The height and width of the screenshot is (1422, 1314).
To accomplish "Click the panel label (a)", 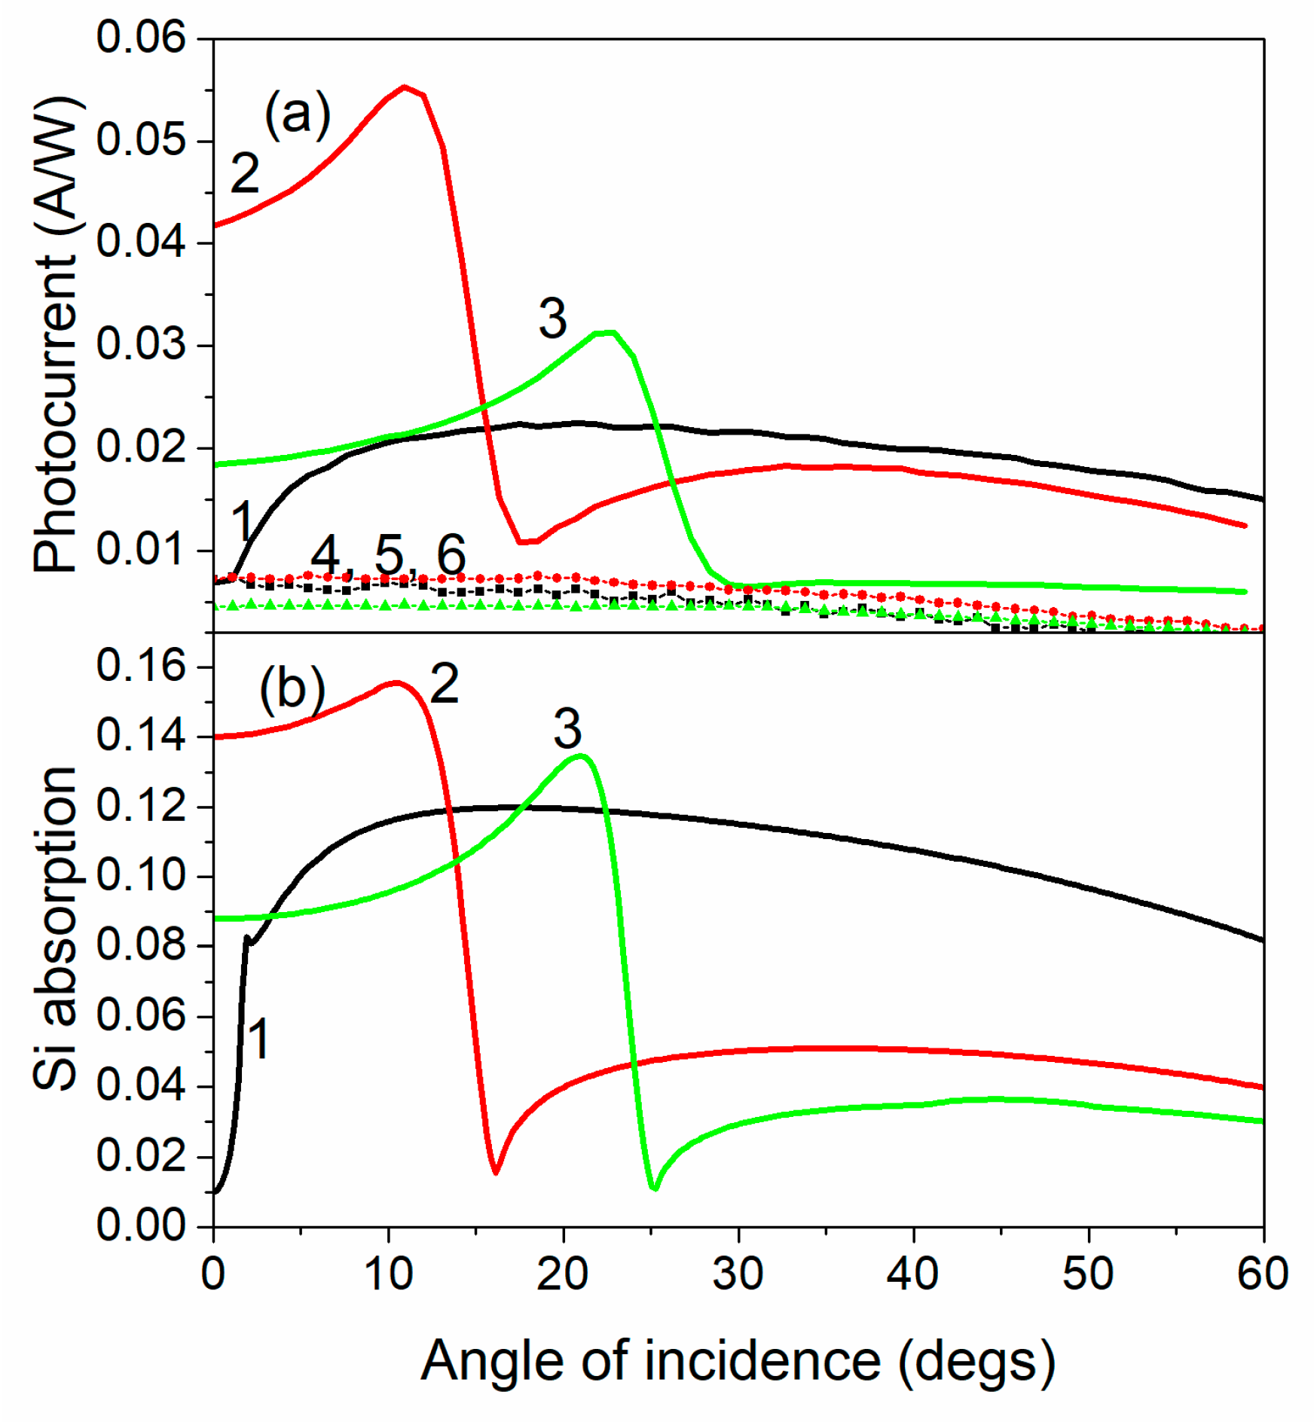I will [298, 114].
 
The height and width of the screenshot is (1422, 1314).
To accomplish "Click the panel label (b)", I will [292, 688].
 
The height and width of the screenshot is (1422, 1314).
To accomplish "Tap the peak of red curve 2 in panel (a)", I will [405, 87].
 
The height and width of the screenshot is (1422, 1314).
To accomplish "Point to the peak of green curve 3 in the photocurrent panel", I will [607, 332].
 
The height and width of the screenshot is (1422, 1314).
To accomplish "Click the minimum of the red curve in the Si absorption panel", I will [495, 1172].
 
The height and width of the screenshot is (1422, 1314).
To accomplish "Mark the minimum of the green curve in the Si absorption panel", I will [654, 1188].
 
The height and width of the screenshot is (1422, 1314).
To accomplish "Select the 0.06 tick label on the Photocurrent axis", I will [141, 37].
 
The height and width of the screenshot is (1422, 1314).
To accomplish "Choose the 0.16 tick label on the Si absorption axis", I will [141, 666].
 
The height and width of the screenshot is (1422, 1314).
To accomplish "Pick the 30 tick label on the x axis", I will [738, 1274].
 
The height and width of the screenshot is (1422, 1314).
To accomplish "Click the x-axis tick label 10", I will [388, 1274].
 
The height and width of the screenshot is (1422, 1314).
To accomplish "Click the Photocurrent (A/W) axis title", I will [56, 335].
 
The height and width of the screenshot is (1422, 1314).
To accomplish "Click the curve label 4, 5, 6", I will [388, 555].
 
